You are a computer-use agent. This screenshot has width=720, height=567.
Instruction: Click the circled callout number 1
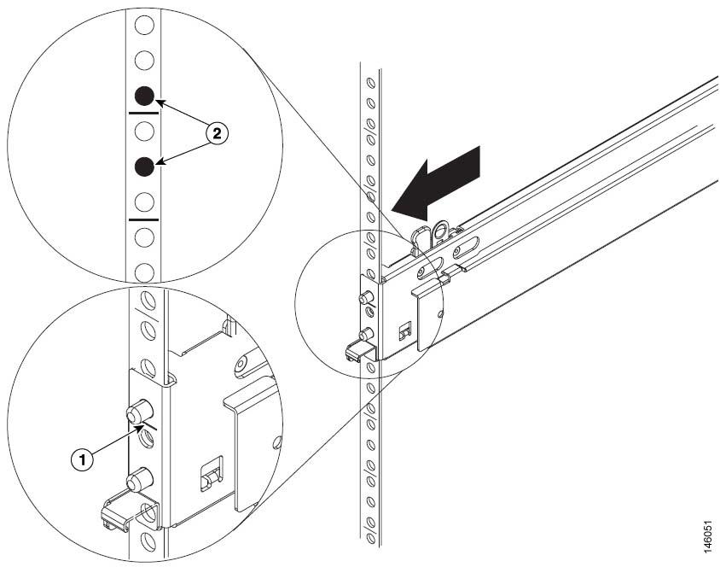click(83, 459)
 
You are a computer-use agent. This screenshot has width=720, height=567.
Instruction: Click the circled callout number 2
click(217, 133)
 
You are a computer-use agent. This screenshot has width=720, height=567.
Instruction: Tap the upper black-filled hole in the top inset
click(144, 96)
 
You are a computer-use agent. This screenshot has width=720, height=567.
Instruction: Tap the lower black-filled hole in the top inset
click(144, 167)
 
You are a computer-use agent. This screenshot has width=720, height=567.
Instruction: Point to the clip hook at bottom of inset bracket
click(117, 515)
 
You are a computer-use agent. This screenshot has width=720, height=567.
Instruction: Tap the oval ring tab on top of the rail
click(442, 231)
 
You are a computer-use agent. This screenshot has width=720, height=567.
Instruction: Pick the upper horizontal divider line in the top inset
click(143, 113)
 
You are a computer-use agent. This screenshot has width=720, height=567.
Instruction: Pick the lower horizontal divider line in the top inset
click(143, 219)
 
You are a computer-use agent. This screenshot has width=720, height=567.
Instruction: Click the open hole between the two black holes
click(144, 131)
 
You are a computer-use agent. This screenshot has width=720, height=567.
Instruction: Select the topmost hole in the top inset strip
click(144, 25)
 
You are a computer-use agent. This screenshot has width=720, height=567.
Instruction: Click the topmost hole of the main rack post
click(370, 83)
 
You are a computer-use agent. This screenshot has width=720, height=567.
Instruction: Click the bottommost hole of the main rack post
click(370, 537)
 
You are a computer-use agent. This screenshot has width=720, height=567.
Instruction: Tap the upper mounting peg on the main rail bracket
click(365, 299)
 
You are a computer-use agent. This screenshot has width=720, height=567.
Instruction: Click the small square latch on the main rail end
click(404, 330)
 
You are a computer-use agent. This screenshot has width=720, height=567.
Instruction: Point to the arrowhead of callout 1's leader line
click(142, 425)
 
